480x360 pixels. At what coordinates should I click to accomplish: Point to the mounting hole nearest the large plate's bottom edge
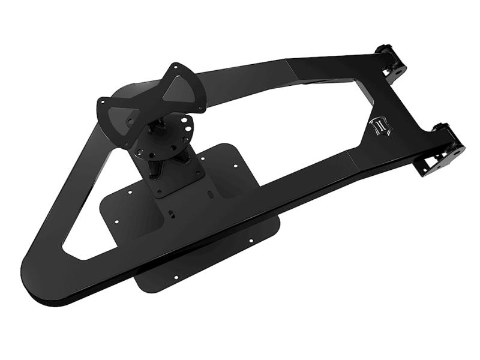coord(176,278)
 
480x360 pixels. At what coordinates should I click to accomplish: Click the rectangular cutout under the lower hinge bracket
coord(433,167)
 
